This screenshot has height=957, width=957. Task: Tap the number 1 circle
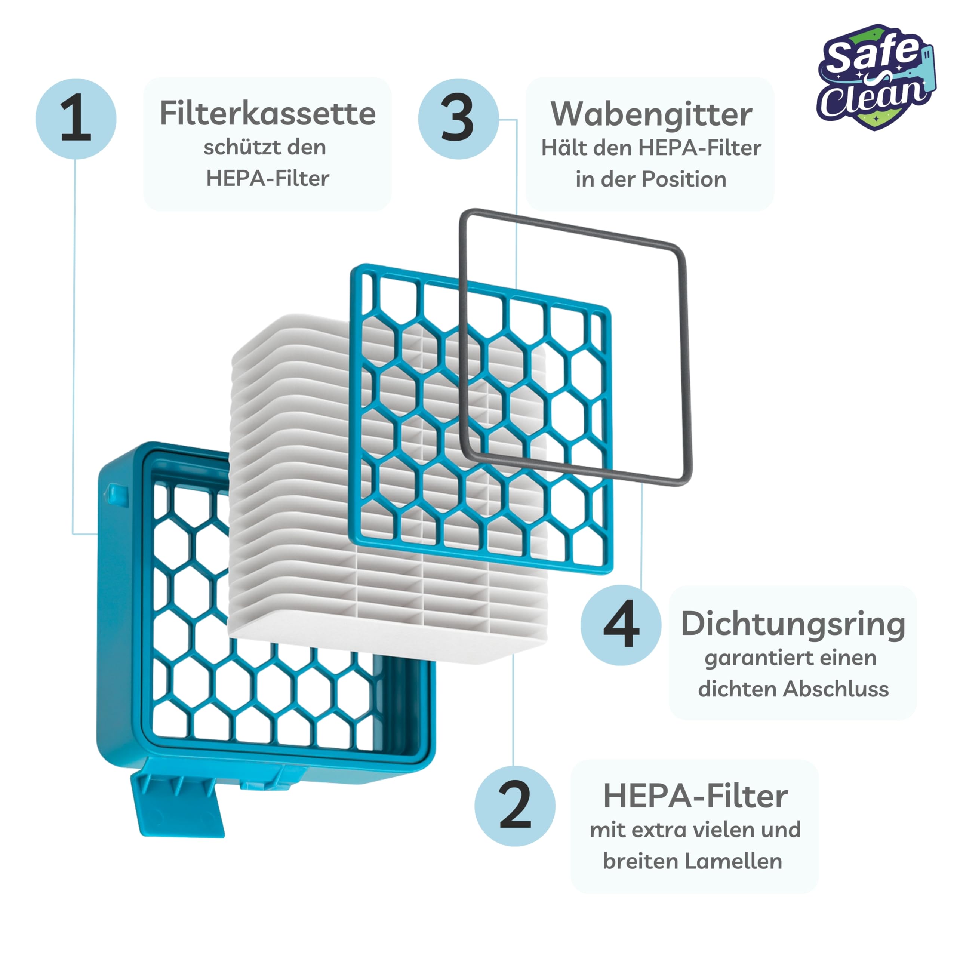76,119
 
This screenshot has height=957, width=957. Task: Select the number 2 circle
515,806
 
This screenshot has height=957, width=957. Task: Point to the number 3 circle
458,119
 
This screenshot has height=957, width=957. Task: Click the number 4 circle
621,625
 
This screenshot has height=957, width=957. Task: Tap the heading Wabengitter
651,115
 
